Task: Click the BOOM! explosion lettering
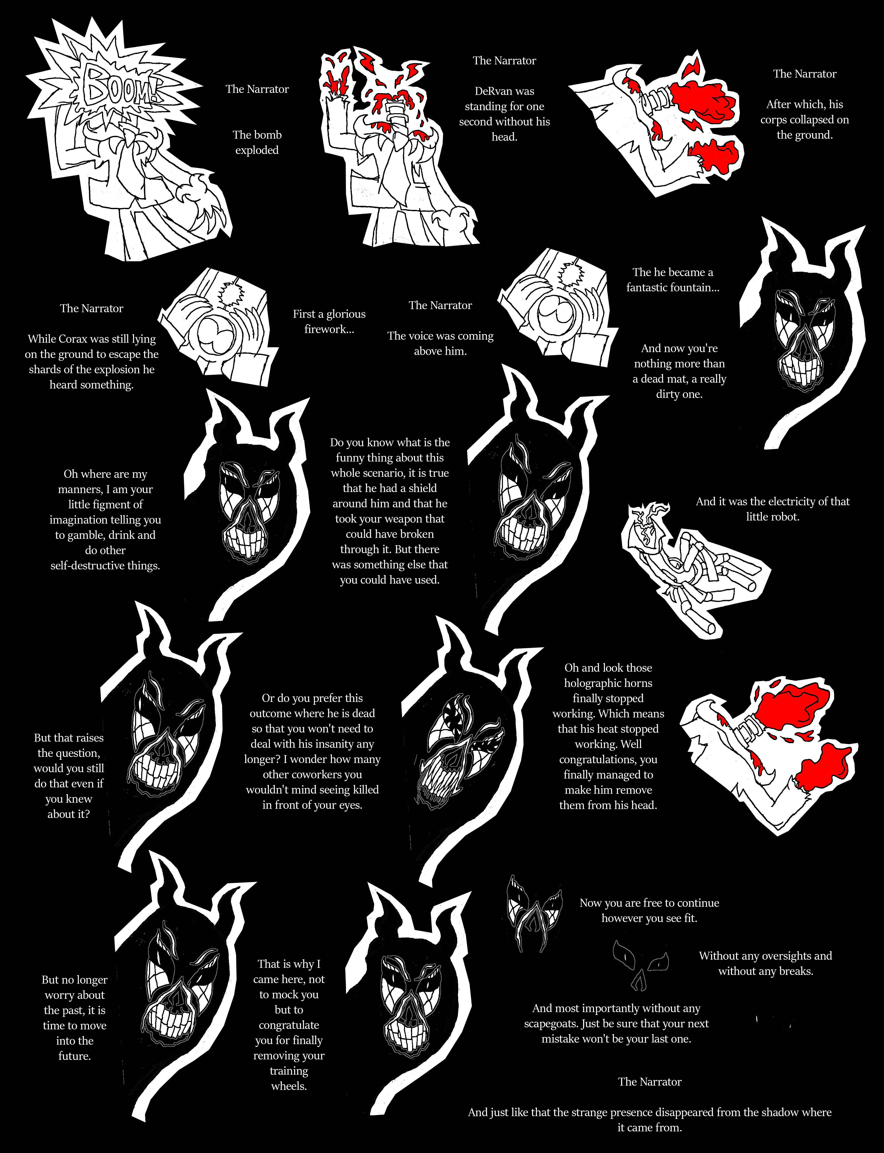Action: [122, 85]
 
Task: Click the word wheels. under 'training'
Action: [289, 1086]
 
